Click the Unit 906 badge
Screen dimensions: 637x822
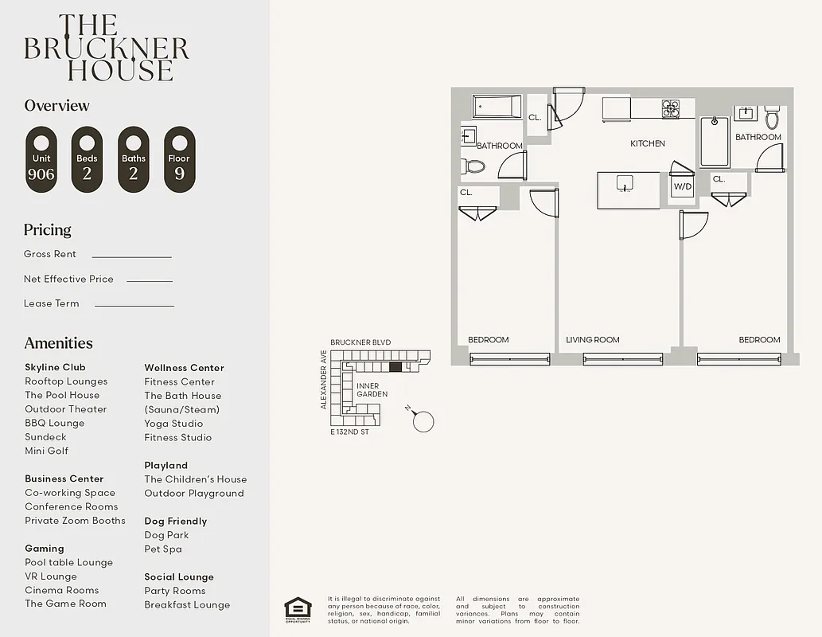(x=41, y=159)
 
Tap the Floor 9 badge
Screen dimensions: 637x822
(x=179, y=159)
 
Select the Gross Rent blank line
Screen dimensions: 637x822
(x=131, y=256)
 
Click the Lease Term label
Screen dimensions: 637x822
(x=52, y=303)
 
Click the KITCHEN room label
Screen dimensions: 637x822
(x=647, y=144)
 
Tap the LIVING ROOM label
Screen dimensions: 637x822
(x=592, y=340)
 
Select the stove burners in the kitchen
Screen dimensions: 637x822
(x=671, y=108)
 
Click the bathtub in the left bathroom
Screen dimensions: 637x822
(x=497, y=107)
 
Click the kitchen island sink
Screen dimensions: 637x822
(x=625, y=183)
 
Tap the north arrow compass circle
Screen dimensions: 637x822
(x=424, y=421)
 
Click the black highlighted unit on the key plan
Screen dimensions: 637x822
(x=395, y=367)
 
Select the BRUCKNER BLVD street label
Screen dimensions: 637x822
(x=360, y=342)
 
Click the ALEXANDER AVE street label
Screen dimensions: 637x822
(x=324, y=379)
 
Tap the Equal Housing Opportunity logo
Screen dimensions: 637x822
(x=298, y=610)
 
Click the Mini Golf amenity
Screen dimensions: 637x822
(x=46, y=451)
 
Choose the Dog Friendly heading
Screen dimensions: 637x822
(x=175, y=522)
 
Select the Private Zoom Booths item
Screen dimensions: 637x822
(x=75, y=521)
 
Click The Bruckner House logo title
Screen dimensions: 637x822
(x=107, y=48)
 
